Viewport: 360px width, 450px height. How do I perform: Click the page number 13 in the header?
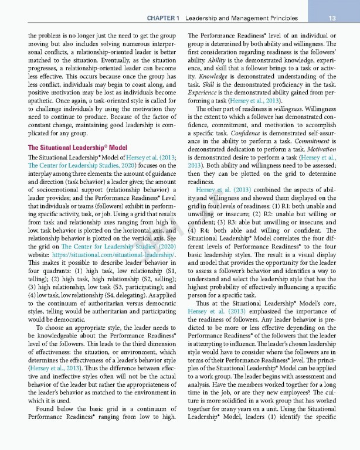pos(331,18)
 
